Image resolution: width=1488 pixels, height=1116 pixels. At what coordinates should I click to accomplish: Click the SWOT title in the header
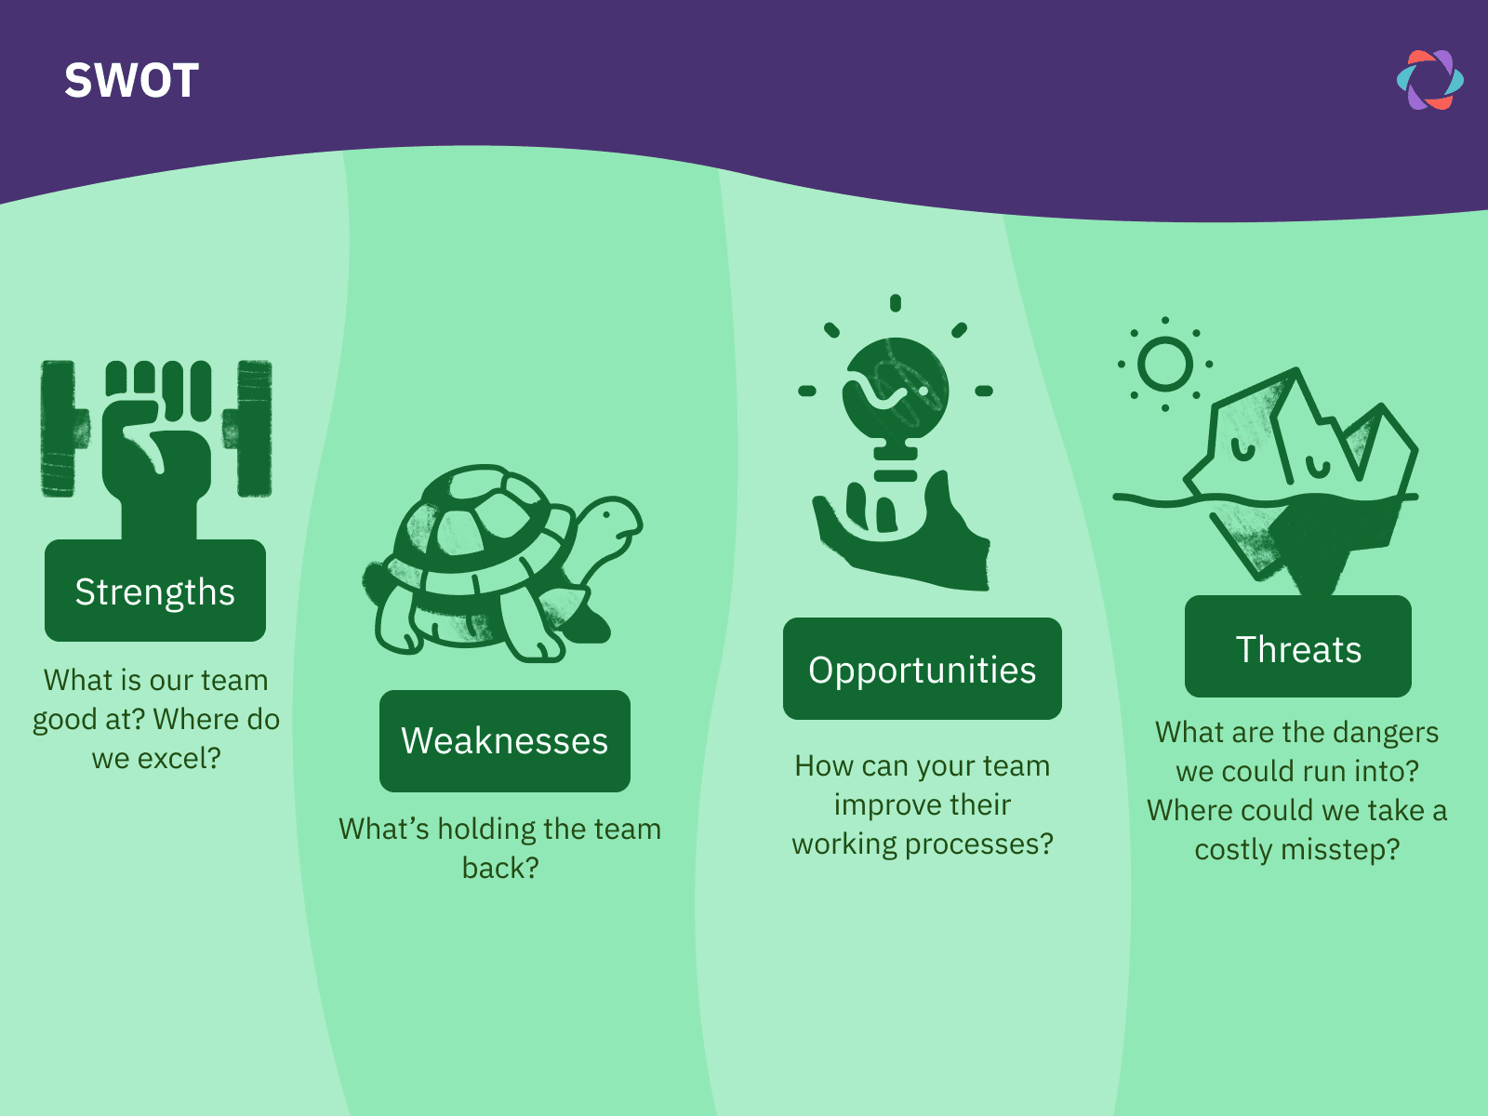(131, 81)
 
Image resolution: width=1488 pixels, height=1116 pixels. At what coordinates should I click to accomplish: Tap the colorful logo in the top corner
(1429, 80)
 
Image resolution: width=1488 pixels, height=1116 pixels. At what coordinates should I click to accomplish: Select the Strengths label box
(155, 591)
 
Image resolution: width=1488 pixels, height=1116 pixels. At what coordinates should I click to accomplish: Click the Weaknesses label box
(504, 741)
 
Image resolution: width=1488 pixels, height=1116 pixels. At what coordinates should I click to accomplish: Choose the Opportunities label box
(922, 670)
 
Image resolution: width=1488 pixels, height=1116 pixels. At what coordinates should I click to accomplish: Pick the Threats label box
(1297, 648)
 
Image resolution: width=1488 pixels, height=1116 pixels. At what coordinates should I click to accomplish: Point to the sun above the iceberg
(1164, 364)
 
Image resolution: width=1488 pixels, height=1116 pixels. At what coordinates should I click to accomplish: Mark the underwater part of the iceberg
(1302, 539)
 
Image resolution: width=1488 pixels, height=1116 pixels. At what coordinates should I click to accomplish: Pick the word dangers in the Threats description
(1385, 733)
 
